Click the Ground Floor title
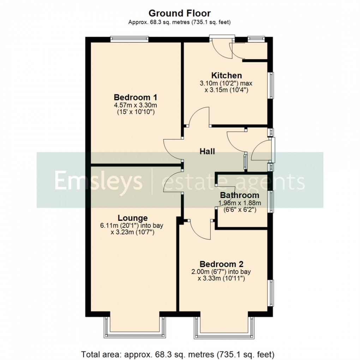(x=180, y=13)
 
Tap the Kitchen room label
(x=227, y=75)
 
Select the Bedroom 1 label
(x=136, y=97)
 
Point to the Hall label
(x=207, y=151)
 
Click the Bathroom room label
(x=240, y=195)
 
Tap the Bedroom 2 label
(x=222, y=264)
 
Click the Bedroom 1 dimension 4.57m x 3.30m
(x=136, y=106)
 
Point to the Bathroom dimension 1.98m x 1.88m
(x=240, y=203)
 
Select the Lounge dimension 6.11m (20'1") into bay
(x=132, y=226)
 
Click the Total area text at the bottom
(x=178, y=354)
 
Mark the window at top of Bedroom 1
(x=129, y=39)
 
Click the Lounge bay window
(x=134, y=328)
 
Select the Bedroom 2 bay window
(x=224, y=328)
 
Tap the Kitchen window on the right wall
(x=271, y=85)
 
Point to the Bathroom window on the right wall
(x=271, y=201)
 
